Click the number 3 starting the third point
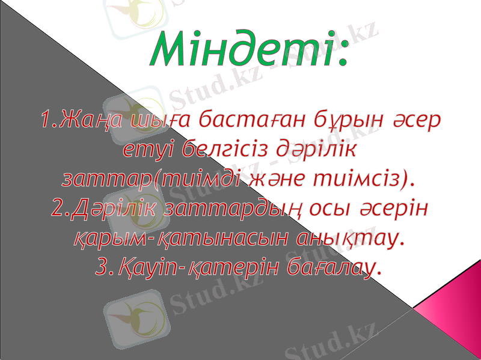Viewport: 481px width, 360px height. point(100,267)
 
